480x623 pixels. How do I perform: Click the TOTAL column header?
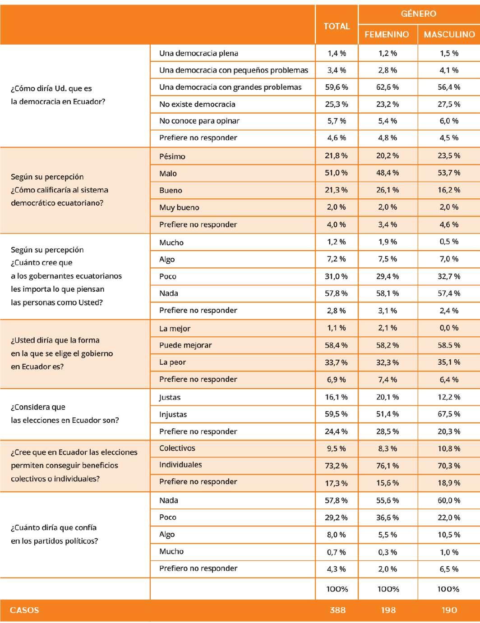337,26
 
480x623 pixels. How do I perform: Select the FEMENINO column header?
387,34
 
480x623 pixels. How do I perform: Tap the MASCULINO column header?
449,34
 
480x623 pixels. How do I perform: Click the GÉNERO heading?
418,14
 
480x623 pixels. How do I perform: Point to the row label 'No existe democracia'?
197,104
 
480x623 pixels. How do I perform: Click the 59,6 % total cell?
337,87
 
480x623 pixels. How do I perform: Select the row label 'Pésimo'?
172,156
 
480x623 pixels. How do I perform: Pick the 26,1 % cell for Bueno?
388,190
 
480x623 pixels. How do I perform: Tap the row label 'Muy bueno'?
179,207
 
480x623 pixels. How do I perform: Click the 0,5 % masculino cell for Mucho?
449,242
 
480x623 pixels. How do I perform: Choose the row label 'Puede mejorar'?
185,345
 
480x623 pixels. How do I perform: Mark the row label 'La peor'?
172,362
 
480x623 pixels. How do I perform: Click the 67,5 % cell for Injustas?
449,414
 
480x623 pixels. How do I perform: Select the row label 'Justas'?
170,397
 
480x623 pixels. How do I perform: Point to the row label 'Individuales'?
180,465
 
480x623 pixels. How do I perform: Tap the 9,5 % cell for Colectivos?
337,449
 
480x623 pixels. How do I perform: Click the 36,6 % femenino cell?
388,518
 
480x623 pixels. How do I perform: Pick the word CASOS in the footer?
24,610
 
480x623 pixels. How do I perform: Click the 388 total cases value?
337,610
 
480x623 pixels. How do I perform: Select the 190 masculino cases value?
449,610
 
